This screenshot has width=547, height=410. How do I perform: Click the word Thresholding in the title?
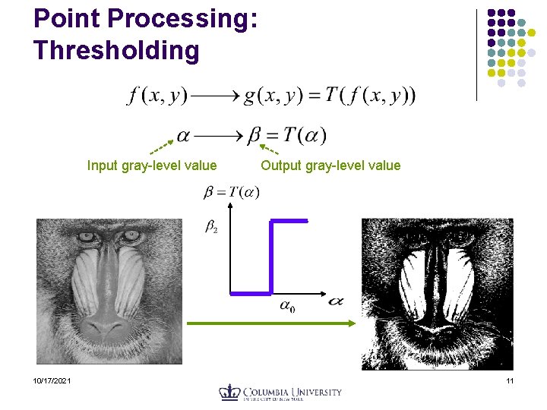click(116, 50)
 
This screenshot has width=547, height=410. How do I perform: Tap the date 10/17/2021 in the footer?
click(52, 380)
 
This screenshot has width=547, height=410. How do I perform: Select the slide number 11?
click(510, 380)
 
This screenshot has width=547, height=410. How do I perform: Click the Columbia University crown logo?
click(229, 393)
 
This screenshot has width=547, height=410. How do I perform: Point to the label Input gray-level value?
click(152, 166)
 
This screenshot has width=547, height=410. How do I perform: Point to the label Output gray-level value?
click(330, 166)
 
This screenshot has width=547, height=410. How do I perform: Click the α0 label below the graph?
click(287, 307)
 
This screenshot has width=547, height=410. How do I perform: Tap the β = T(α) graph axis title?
click(231, 192)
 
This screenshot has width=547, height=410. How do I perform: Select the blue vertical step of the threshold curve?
click(271, 257)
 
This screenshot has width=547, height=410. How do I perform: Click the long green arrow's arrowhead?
click(352, 324)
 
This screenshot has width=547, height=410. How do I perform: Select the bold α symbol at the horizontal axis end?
click(335, 301)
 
